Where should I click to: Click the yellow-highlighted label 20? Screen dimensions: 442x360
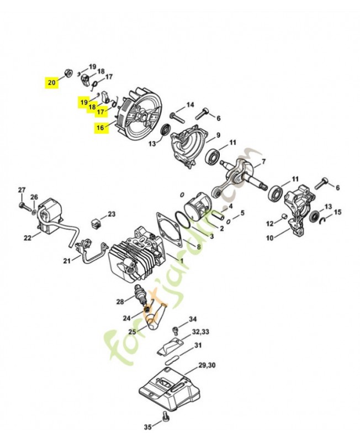click(x=51, y=82)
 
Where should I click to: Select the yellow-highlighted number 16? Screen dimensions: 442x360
click(x=99, y=128)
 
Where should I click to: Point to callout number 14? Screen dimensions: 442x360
click(x=190, y=105)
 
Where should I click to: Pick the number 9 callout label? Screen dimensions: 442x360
click(x=218, y=135)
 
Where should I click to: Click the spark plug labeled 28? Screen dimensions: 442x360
click(x=142, y=296)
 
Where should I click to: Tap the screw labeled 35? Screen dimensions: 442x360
click(x=165, y=423)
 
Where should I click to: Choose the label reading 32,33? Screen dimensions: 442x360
click(x=200, y=332)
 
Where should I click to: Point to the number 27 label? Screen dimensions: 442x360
click(x=22, y=191)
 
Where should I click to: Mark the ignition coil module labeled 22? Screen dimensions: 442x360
click(x=49, y=215)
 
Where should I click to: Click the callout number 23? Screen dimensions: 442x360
click(x=112, y=214)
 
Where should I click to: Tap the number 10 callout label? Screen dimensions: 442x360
click(x=270, y=238)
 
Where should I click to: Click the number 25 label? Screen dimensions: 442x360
click(x=133, y=331)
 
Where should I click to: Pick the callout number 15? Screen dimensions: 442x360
click(x=338, y=212)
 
